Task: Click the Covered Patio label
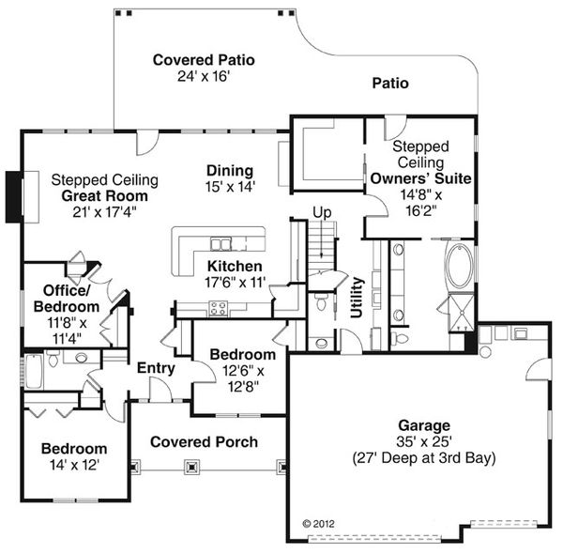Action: coord(204,60)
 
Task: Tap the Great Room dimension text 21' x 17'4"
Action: coord(104,212)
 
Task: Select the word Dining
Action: coord(230,171)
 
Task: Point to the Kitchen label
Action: coord(235,267)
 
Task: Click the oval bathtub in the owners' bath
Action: coord(459,266)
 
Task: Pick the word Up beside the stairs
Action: coord(322,213)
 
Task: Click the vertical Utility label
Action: coord(357,298)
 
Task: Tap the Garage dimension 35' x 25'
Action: coord(424,441)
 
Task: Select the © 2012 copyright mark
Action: coord(318,523)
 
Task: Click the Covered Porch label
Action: coord(204,442)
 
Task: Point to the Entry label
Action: coord(156,368)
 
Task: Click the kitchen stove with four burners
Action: coord(219,308)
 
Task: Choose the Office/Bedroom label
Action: coord(67,299)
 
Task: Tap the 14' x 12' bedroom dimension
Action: coord(74,465)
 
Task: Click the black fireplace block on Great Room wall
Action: coord(14,197)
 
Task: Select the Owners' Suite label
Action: coord(420,178)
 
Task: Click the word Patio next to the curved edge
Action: coord(390,84)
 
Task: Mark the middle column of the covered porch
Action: coord(192,467)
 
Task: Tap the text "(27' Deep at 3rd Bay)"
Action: coord(424,458)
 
